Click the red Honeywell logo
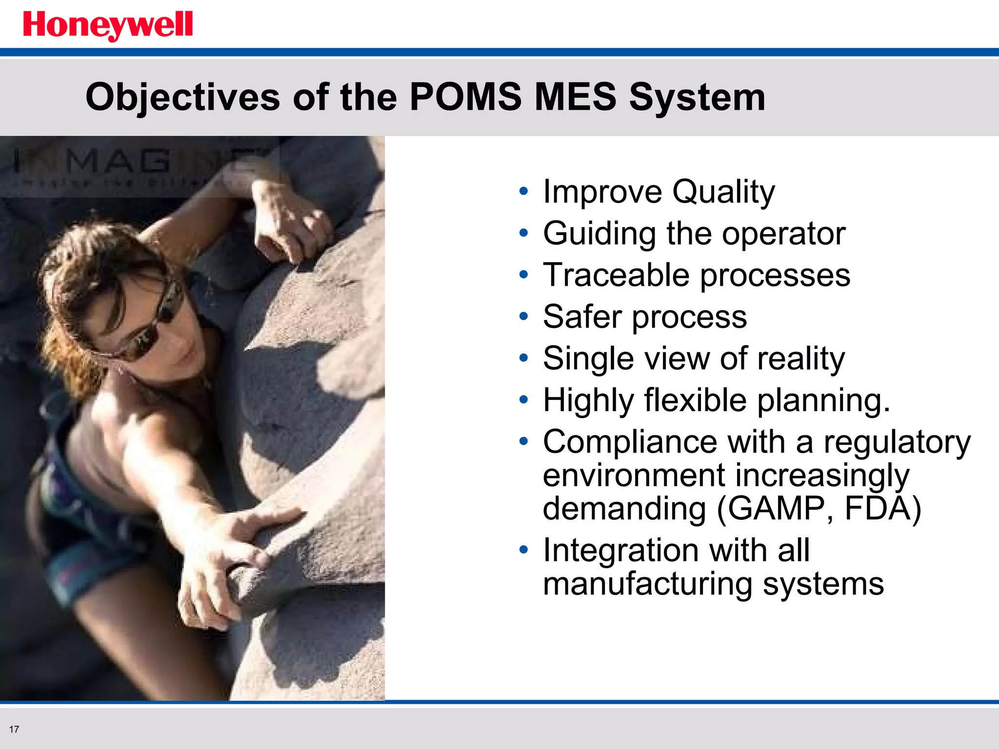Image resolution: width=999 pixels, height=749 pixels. point(108,25)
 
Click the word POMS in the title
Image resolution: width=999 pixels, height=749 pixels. point(465,97)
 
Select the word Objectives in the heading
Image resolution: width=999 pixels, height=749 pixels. point(182,98)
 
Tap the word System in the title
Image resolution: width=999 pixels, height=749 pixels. point(697,98)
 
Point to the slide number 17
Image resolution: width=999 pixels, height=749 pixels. point(14,729)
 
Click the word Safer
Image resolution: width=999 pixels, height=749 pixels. point(581,317)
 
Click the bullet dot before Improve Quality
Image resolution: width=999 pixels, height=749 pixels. point(523,191)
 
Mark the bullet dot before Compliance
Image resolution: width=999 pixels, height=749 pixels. point(523,441)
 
